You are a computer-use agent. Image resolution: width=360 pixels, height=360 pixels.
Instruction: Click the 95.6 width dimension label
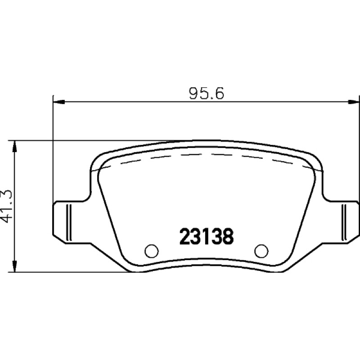point(206,94)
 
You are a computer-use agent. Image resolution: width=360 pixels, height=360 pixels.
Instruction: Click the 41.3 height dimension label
point(6,207)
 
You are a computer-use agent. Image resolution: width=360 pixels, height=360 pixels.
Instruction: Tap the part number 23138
point(207,237)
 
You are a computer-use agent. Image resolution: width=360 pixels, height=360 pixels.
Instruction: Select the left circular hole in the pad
point(152,251)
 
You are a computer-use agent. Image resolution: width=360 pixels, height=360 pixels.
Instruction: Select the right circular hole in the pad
point(261,251)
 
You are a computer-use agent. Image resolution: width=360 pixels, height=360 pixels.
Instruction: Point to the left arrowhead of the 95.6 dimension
point(59,102)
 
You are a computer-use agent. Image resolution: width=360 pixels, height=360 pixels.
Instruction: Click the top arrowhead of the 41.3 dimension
point(15,146)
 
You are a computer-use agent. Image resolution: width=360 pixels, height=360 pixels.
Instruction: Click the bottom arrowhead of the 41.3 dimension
point(15,266)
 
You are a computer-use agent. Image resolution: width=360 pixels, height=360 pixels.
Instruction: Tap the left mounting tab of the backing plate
point(69,222)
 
